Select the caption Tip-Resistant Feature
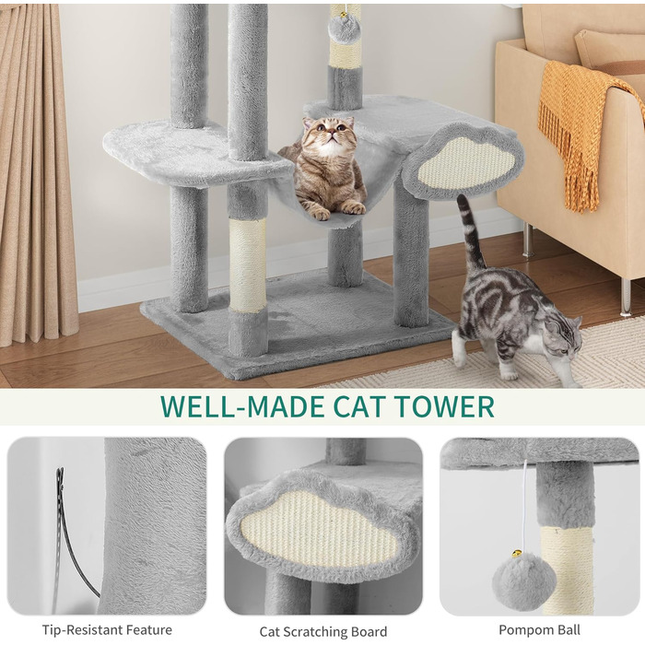coord(107,629)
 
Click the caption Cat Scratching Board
coord(323,631)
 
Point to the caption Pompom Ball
coord(539,629)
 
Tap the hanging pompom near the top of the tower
coord(344,29)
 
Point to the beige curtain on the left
coord(36,173)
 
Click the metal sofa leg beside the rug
coord(626,297)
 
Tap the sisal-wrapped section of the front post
coord(248,265)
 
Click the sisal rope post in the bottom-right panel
coord(567,569)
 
